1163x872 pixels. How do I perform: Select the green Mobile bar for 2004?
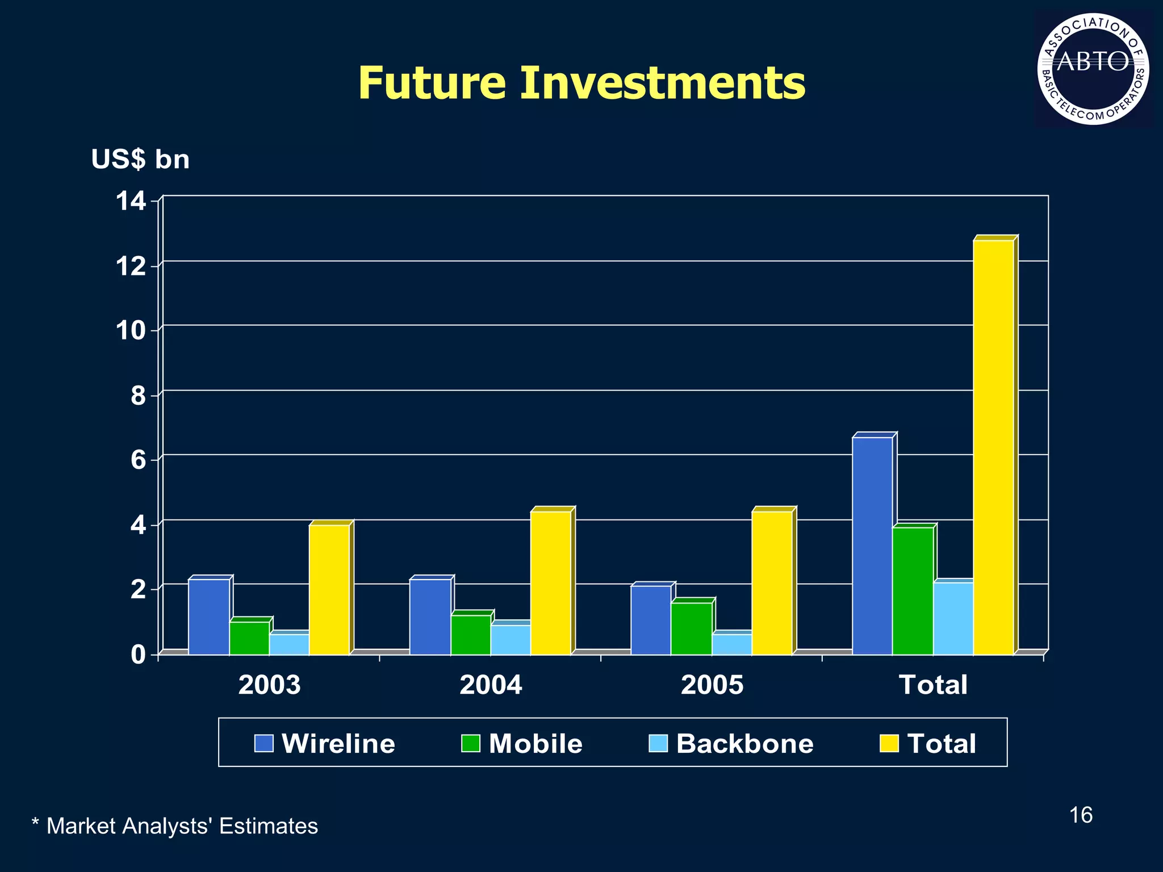pos(471,635)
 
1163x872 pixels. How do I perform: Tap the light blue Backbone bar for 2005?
pos(731,644)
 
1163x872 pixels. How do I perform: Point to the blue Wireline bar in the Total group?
pos(872,546)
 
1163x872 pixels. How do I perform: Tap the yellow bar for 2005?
pos(772,583)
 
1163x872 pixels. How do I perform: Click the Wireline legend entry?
pos(325,744)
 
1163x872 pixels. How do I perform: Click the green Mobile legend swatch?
pos(470,743)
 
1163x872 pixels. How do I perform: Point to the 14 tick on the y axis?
pos(131,201)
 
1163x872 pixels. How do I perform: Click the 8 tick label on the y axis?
pos(138,396)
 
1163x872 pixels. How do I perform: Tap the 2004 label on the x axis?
pos(491,685)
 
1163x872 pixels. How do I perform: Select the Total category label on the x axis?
pos(933,685)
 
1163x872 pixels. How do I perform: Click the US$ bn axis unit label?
pos(140,160)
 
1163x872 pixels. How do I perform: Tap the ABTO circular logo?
pos(1093,69)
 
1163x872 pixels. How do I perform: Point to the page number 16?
pos(1081,815)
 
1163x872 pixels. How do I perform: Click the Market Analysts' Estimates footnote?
pos(175,826)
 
